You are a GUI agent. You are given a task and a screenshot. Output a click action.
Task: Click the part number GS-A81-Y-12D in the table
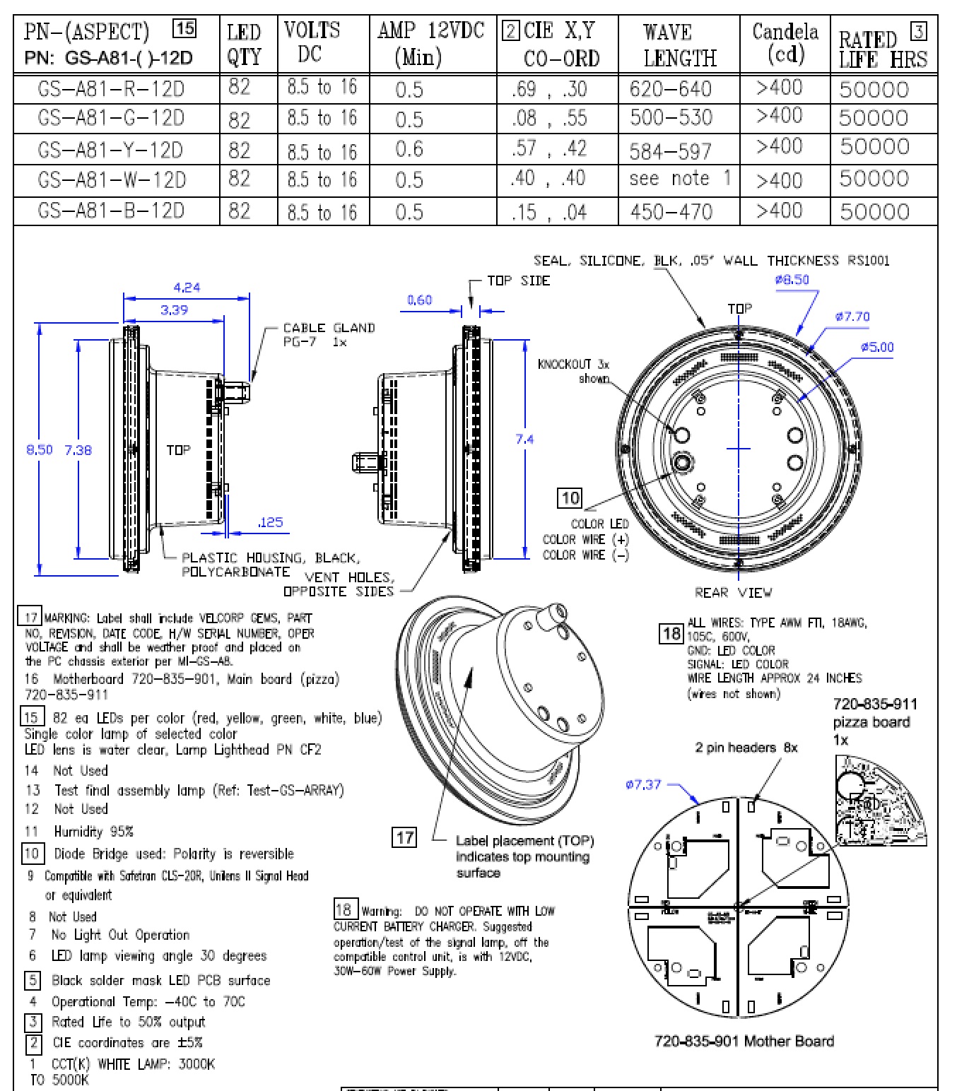pos(111,150)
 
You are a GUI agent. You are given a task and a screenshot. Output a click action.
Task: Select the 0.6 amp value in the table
pos(409,149)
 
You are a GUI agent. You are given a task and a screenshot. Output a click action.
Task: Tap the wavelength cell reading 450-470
pos(671,211)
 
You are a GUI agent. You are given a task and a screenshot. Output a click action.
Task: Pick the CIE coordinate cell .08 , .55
pos(550,118)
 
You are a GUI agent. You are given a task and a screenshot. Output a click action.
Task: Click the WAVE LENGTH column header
pos(679,45)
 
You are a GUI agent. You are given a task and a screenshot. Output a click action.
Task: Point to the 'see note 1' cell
pos(679,179)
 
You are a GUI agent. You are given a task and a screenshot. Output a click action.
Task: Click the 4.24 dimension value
pos(187,287)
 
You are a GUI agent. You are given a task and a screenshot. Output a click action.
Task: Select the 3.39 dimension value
pos(174,309)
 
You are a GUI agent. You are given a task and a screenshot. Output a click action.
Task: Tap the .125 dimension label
pos(270,522)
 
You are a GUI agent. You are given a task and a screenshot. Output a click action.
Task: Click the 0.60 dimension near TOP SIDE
pos(419,300)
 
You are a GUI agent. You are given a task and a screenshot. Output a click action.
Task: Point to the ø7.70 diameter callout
pos(852,317)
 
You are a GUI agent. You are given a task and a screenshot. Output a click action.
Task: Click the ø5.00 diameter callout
pos(876,347)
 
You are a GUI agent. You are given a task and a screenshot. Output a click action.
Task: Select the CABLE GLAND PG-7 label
pos(328,334)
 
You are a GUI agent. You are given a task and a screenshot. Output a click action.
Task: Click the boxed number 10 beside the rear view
pos(570,498)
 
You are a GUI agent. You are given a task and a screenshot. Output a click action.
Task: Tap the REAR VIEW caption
pos(733,592)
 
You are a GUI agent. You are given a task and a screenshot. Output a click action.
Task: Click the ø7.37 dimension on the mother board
pos(643,784)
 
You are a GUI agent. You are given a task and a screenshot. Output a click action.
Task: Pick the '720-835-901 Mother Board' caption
pos(744,1041)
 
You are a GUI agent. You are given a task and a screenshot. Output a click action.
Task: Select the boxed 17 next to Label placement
pos(404,837)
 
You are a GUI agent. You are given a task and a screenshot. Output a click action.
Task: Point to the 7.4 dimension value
pos(524,439)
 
